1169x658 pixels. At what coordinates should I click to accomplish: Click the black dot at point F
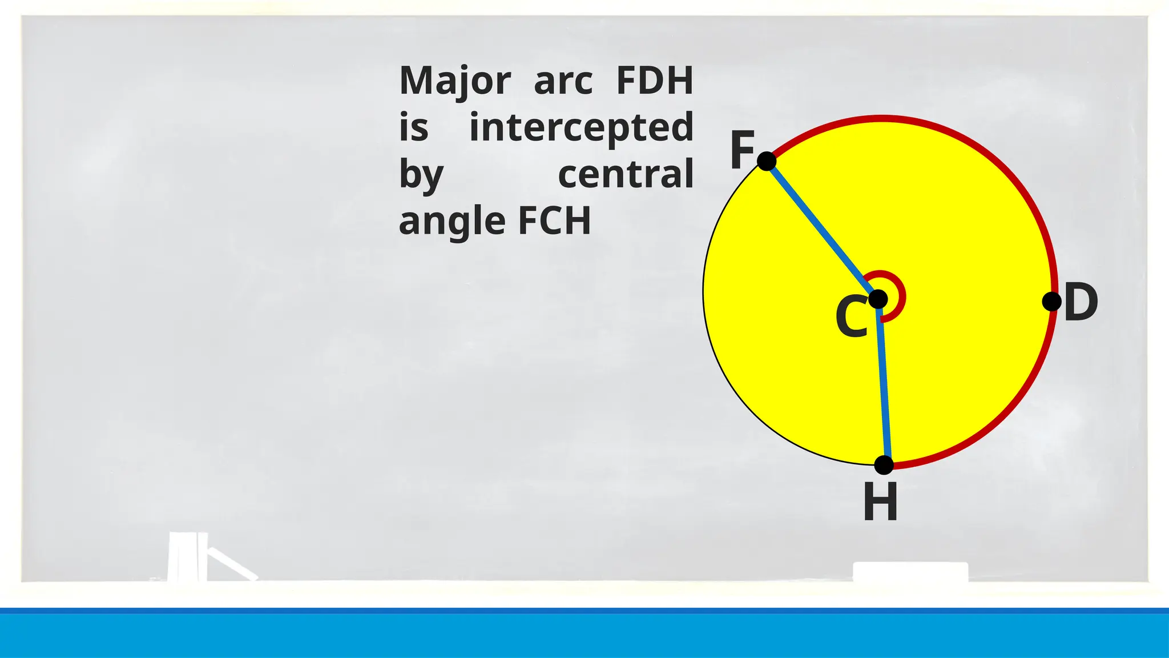(767, 161)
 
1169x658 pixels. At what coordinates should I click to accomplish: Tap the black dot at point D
(1051, 301)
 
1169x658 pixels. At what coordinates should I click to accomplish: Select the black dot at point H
(884, 465)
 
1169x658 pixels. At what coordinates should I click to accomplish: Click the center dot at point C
(878, 299)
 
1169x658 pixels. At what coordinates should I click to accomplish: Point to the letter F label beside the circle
(743, 150)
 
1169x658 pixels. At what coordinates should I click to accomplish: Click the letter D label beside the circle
(1081, 303)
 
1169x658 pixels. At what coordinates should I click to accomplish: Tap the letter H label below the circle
(880, 502)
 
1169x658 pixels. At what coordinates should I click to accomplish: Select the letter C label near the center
(851, 318)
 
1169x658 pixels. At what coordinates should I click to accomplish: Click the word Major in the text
(455, 81)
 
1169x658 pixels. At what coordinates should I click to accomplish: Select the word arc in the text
(563, 81)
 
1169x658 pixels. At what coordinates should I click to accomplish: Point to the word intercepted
(581, 127)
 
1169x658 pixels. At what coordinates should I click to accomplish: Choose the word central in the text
(626, 174)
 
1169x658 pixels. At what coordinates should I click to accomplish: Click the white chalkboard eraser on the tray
(910, 571)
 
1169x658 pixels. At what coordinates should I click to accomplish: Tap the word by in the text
(421, 175)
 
